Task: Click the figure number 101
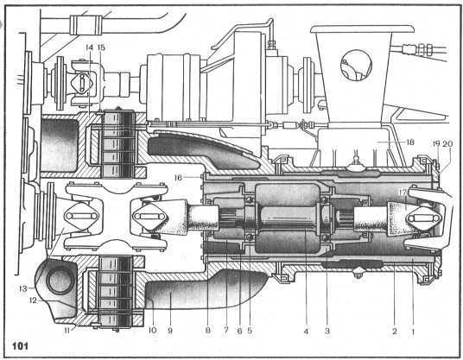pyautogui.click(x=20, y=345)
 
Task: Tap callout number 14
pyautogui.click(x=89, y=47)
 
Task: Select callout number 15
pyautogui.click(x=101, y=47)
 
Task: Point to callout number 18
pyautogui.click(x=410, y=142)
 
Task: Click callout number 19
pyautogui.click(x=436, y=143)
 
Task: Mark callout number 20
pyautogui.click(x=447, y=143)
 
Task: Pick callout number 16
pyautogui.click(x=178, y=178)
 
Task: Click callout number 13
pyautogui.click(x=23, y=288)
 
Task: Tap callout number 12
pyautogui.click(x=33, y=300)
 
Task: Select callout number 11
pyautogui.click(x=67, y=330)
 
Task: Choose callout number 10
pyautogui.click(x=152, y=330)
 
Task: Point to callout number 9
pyautogui.click(x=170, y=331)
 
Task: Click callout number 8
pyautogui.click(x=208, y=331)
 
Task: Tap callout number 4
pyautogui.click(x=306, y=332)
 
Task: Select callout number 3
pyautogui.click(x=327, y=332)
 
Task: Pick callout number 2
pyautogui.click(x=395, y=332)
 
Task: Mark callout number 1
pyautogui.click(x=413, y=332)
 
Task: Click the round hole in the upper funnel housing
pyautogui.click(x=356, y=66)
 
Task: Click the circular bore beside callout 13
pyautogui.click(x=60, y=281)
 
